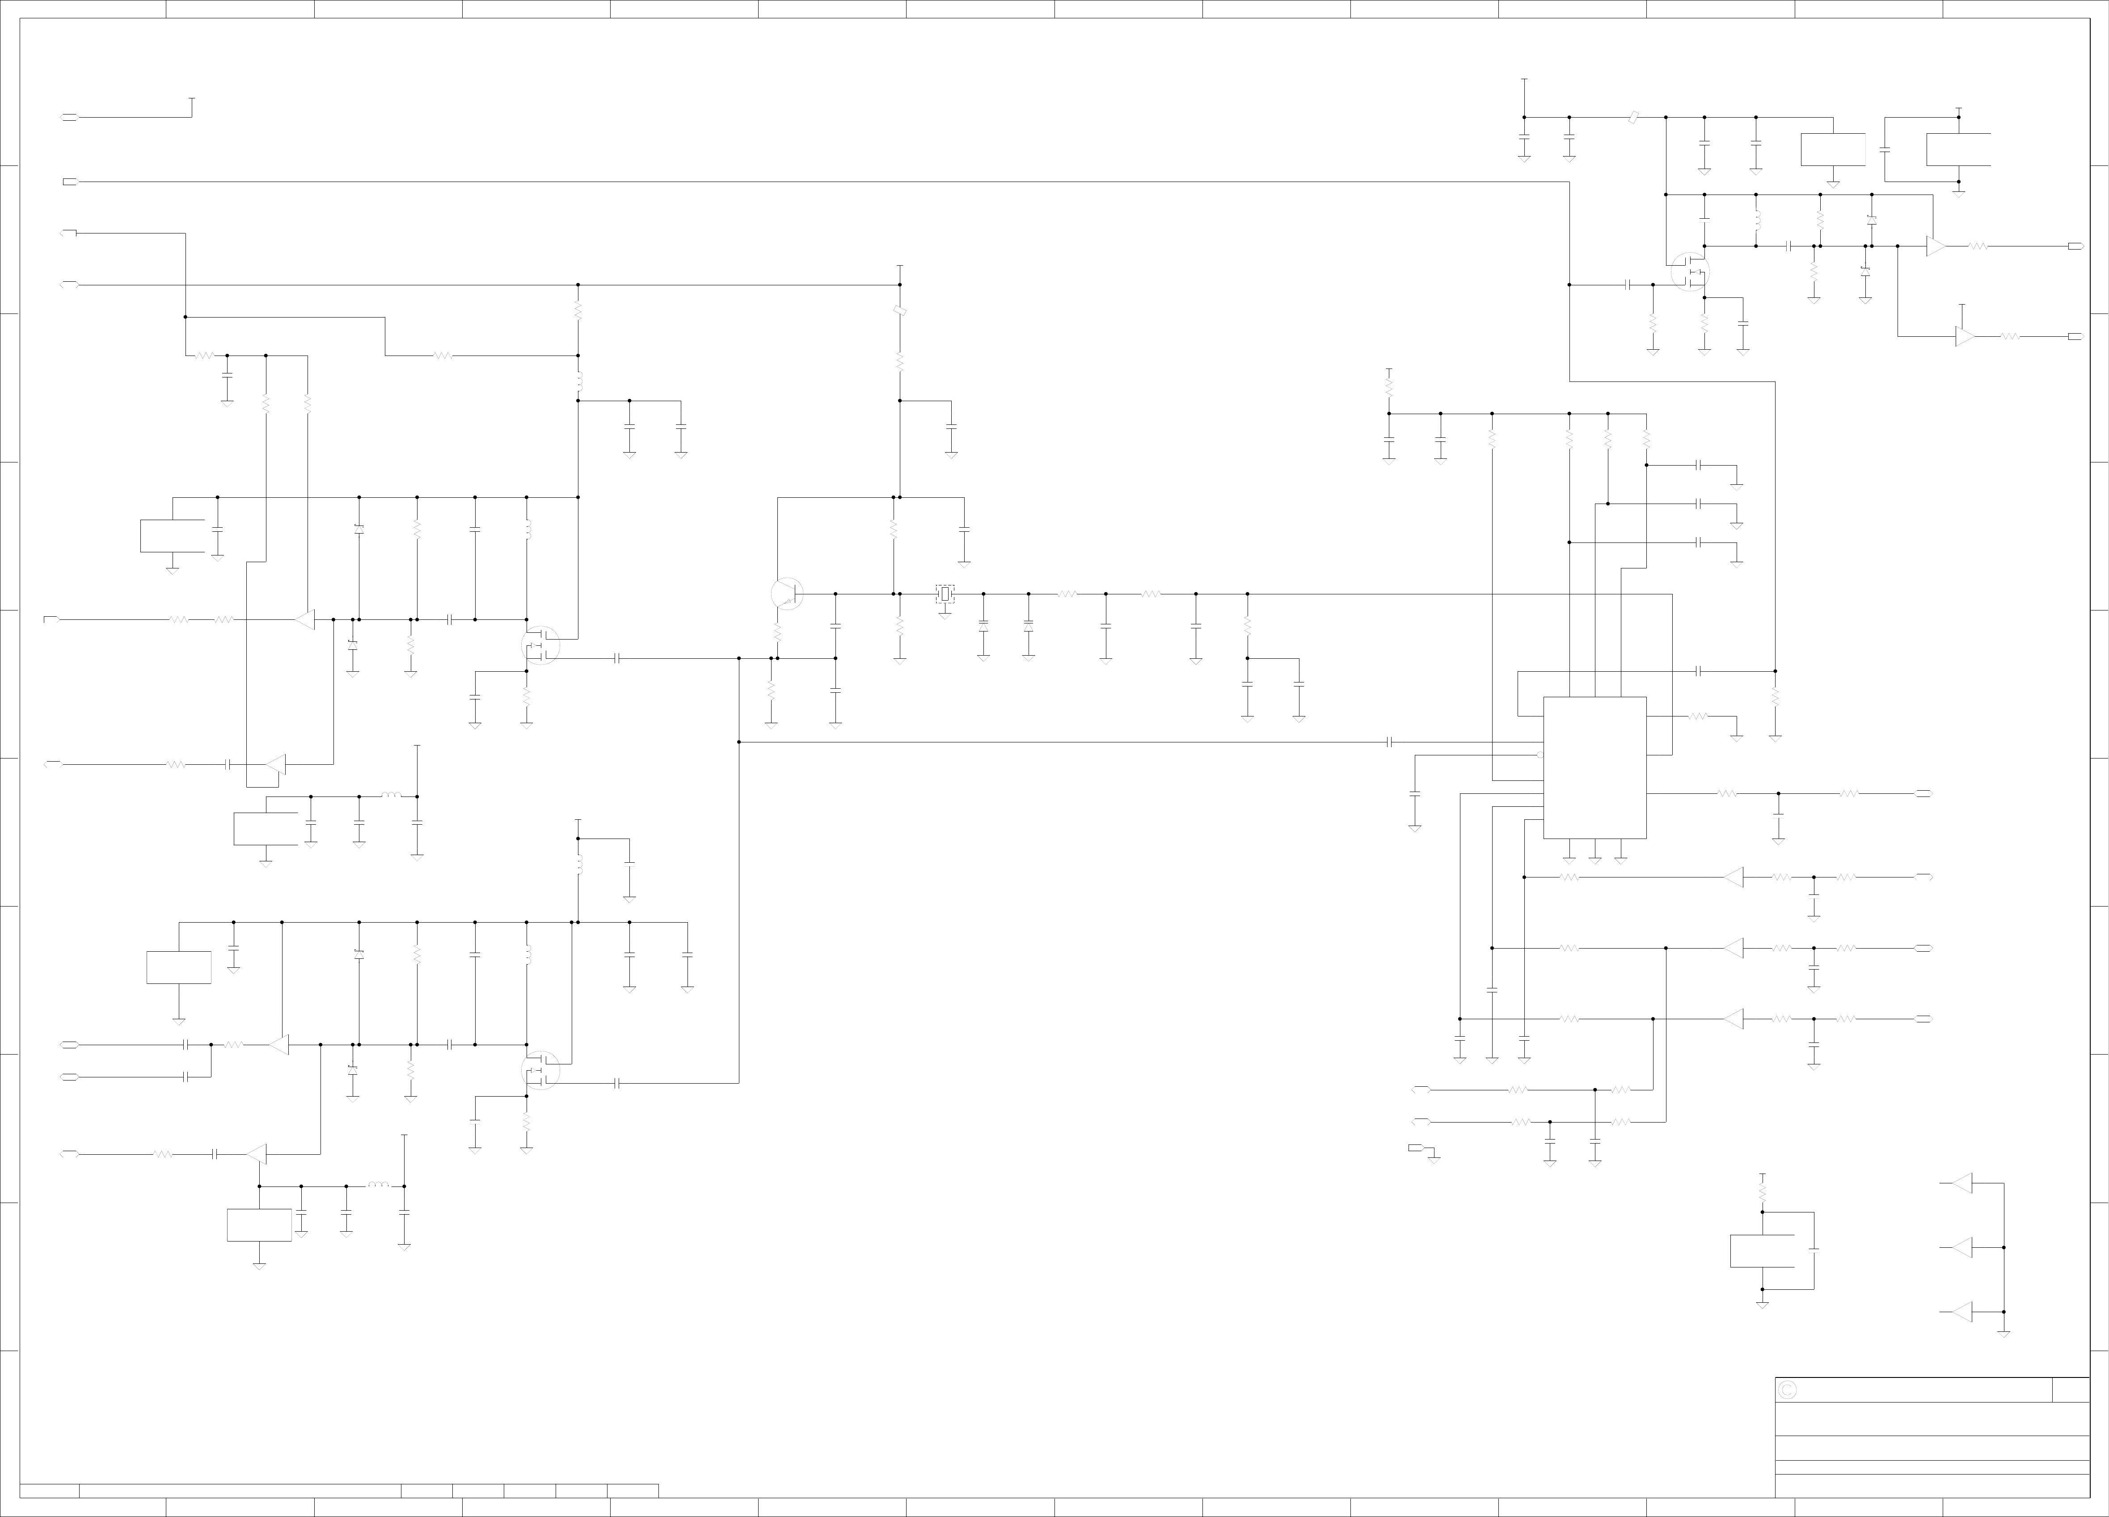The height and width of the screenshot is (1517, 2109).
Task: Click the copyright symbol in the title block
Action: (1786, 1390)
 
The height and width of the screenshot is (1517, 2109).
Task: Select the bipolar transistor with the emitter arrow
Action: (787, 593)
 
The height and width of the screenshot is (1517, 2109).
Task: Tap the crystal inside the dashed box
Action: (945, 593)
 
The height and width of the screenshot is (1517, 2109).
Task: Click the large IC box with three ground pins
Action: (1595, 767)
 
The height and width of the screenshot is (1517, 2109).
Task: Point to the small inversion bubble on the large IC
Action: (1540, 754)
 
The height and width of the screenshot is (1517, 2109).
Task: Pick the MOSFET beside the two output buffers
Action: (1690, 271)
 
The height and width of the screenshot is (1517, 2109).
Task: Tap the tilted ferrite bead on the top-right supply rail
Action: (1634, 117)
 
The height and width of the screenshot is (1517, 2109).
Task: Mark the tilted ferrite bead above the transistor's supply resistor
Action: (899, 311)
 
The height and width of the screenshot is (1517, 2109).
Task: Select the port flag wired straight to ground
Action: (1415, 1148)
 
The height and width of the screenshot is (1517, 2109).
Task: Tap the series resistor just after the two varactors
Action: (1067, 593)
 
